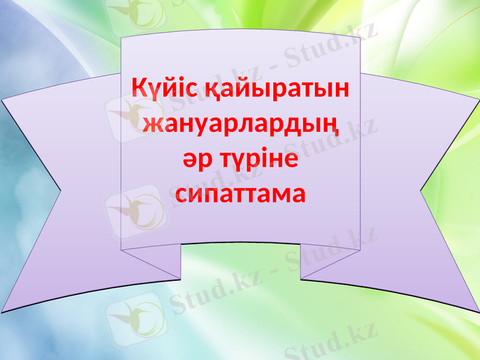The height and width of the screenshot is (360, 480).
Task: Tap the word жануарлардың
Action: [240, 125]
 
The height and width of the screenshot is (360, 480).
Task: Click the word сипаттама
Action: [240, 194]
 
